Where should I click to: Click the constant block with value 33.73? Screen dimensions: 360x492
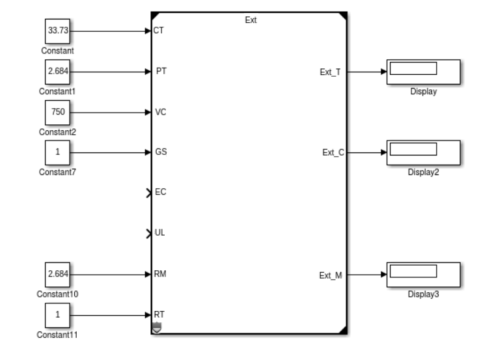57,31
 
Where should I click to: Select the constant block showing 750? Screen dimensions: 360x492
57,112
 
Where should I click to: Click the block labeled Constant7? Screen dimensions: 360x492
57,153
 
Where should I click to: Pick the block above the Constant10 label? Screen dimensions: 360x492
57,275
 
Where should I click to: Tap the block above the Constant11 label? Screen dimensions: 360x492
57,315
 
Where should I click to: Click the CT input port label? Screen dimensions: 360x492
157,31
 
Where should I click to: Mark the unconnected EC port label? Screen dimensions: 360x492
159,193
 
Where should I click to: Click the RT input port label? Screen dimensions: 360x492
159,315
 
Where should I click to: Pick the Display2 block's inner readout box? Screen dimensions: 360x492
413,149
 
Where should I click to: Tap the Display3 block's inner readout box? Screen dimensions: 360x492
413,271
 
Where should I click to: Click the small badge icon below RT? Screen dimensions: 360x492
156,328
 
